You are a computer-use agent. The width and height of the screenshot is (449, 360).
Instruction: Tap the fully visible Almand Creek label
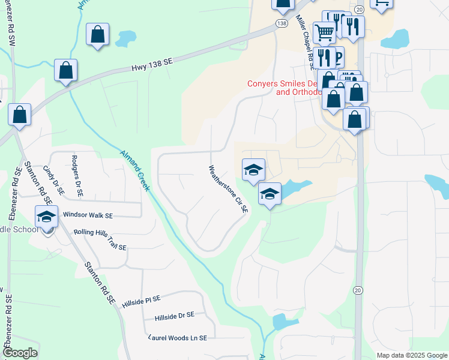click(x=135, y=170)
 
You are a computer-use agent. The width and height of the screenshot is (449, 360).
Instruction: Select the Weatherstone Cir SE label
click(x=228, y=190)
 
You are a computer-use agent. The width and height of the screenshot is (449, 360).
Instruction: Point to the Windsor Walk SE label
click(x=88, y=214)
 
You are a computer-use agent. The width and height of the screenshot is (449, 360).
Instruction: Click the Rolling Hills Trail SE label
click(x=100, y=239)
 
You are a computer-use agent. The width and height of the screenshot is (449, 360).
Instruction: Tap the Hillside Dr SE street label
click(x=174, y=316)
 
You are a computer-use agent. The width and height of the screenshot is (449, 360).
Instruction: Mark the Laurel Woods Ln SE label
click(x=178, y=338)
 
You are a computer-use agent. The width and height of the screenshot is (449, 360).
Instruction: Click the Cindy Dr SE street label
click(x=53, y=180)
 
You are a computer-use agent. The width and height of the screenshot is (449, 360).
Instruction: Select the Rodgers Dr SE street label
click(x=76, y=176)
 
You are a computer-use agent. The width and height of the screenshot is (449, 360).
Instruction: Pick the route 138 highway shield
click(x=282, y=23)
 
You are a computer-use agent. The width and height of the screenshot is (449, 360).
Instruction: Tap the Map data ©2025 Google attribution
click(x=412, y=355)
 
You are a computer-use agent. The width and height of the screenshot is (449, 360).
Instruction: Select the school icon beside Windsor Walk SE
click(x=46, y=217)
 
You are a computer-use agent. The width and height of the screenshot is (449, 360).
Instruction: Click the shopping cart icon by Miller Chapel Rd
click(x=324, y=32)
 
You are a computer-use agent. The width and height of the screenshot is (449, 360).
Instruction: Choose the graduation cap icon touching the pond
click(x=270, y=194)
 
